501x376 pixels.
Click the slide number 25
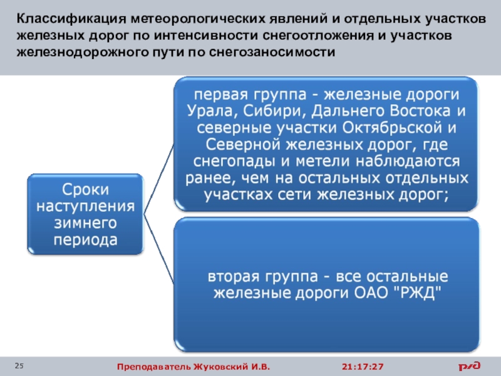[x=19, y=365]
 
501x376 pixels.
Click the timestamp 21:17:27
[x=363, y=366]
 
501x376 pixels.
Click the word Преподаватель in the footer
[x=148, y=366]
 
